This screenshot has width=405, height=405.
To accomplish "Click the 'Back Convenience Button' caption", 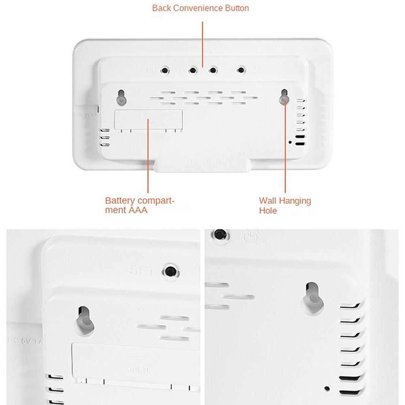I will pyautogui.click(x=200, y=8).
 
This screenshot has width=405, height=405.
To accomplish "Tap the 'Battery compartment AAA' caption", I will pyautogui.click(x=139, y=205).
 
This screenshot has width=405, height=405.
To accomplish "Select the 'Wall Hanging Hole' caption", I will pyautogui.click(x=285, y=205).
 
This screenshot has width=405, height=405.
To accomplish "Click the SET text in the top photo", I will pyautogui.click(x=149, y=71).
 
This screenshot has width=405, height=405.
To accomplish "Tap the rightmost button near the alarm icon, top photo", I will pyautogui.click(x=241, y=70).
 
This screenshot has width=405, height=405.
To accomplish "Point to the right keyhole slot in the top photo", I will pyautogui.click(x=284, y=97).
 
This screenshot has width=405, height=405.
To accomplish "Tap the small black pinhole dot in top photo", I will pyautogui.click(x=290, y=143).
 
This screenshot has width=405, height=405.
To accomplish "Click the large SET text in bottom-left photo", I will pyautogui.click(x=142, y=271).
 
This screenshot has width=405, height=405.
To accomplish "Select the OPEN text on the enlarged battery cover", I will pyautogui.click(x=137, y=370).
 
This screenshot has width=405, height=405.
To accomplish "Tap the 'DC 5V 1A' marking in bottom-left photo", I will pyautogui.click(x=25, y=341).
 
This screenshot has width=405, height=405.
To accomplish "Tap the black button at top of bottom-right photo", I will pyautogui.click(x=220, y=234).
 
